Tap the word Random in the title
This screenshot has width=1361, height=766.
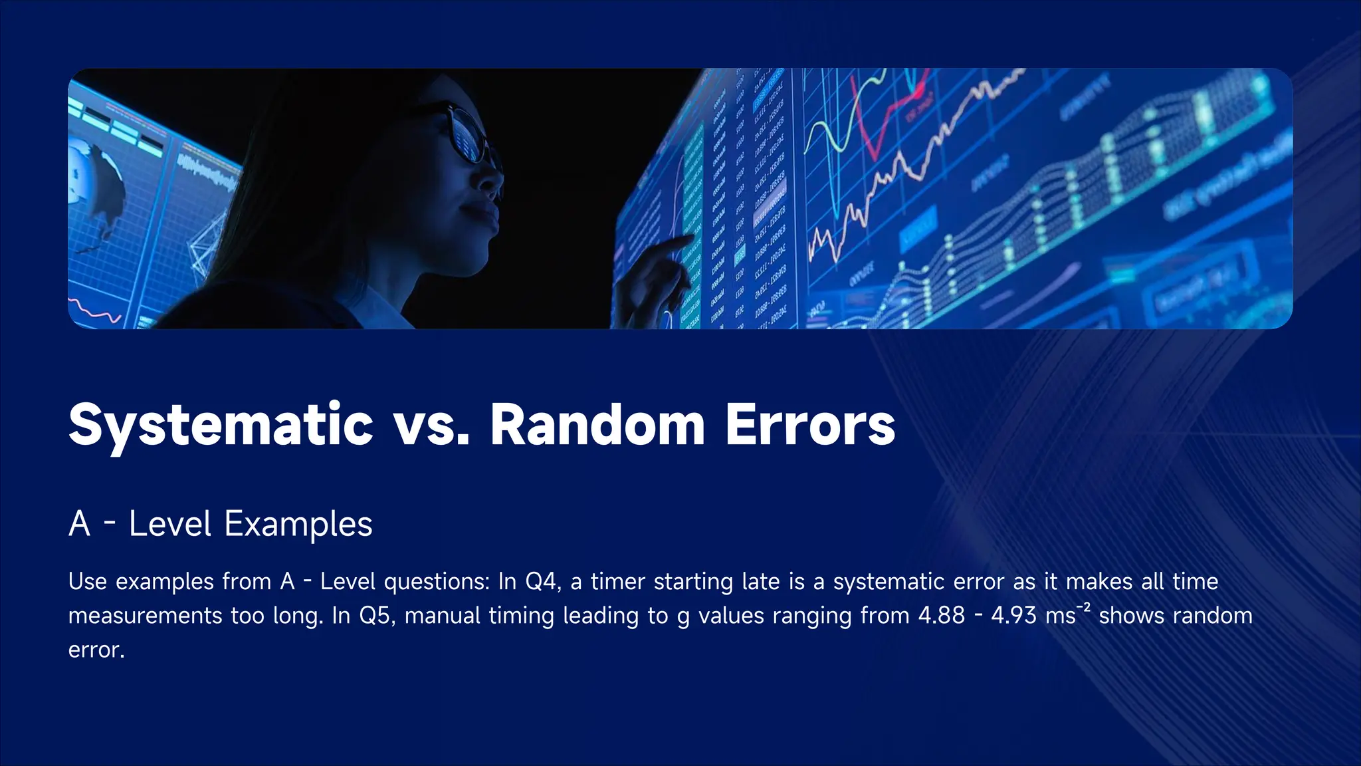(x=597, y=424)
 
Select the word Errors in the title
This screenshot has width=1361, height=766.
(x=810, y=424)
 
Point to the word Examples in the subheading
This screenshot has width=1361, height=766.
(x=298, y=525)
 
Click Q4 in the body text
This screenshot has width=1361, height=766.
(x=540, y=582)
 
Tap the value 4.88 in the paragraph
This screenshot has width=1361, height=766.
(x=941, y=616)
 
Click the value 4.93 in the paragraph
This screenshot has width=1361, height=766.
(x=1013, y=616)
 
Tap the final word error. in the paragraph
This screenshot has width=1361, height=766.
(x=96, y=650)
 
